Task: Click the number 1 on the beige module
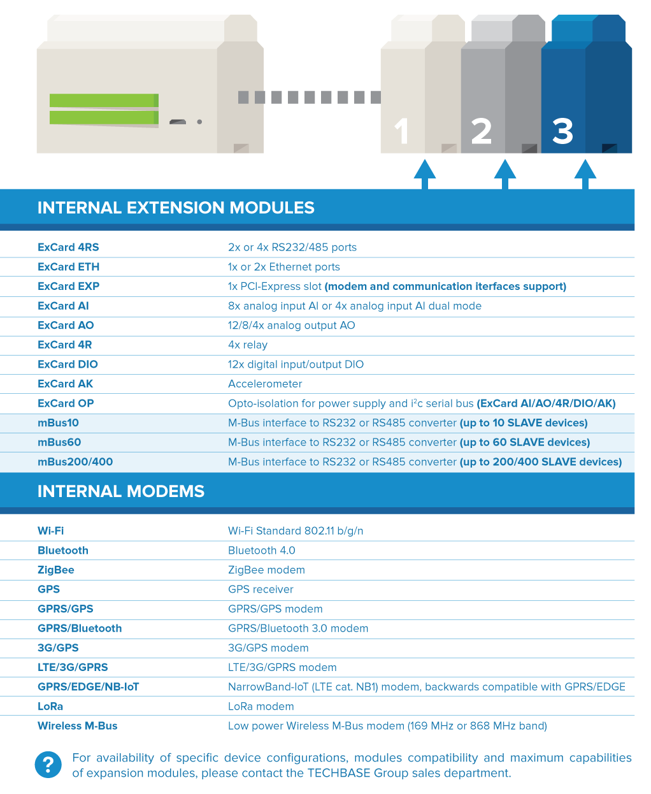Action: [401, 132]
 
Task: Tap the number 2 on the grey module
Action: [482, 132]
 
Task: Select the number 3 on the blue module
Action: [562, 132]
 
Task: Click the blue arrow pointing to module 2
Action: [504, 173]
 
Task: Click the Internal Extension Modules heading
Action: [176, 208]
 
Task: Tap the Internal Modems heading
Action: [121, 491]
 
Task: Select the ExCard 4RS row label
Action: [68, 247]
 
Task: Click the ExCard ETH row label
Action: [68, 267]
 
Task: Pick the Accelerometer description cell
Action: [265, 384]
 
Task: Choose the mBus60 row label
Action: [59, 442]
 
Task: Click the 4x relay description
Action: [248, 345]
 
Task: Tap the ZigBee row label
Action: [56, 570]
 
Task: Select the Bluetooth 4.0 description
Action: [262, 551]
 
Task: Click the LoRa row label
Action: [50, 706]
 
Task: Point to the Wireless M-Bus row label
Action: [78, 726]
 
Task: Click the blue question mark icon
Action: [48, 765]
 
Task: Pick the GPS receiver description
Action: [261, 589]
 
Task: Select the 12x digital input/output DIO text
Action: [296, 365]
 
